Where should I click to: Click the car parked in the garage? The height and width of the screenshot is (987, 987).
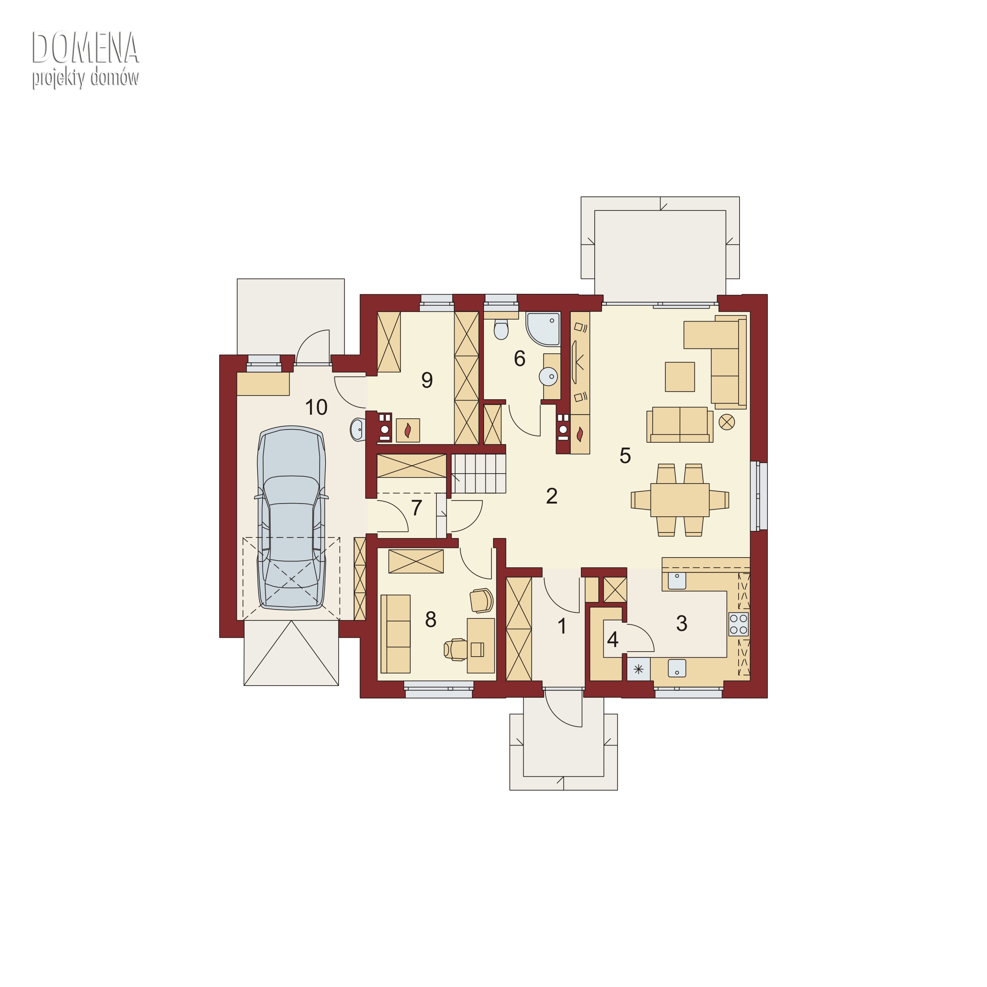(292, 519)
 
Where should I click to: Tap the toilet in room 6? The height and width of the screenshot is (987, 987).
(501, 329)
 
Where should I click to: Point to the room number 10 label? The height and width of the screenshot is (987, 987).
(316, 407)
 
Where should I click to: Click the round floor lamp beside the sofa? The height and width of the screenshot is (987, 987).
(726, 422)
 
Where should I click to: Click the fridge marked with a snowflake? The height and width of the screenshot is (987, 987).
(638, 669)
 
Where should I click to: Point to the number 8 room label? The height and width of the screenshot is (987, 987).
(431, 620)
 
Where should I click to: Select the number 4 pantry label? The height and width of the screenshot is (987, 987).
(612, 639)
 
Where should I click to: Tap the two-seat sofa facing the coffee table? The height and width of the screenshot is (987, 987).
(680, 425)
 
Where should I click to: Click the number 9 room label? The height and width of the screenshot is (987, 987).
(427, 380)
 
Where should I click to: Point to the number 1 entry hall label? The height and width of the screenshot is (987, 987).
(562, 626)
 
